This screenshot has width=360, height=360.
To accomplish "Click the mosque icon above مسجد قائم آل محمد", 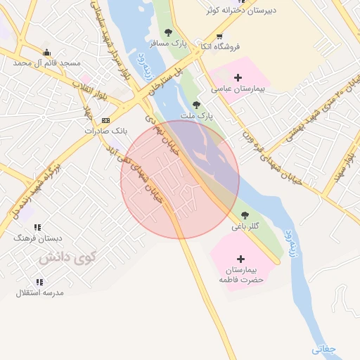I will click(x=47, y=52).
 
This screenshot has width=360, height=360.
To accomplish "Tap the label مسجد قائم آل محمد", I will click(x=47, y=63).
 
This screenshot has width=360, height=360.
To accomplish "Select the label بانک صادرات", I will click(x=104, y=131).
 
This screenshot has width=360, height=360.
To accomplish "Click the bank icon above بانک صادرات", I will click(x=105, y=120).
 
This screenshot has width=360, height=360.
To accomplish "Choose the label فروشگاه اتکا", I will click(x=220, y=46).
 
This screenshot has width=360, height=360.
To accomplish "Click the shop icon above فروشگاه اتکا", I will click(x=220, y=37).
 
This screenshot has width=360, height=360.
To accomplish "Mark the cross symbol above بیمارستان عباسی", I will click(x=238, y=77).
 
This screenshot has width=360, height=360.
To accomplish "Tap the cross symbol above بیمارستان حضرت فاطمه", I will click(x=241, y=259).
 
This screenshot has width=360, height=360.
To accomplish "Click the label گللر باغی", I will click(x=245, y=226).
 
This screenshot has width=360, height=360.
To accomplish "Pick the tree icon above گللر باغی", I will click(x=245, y=215).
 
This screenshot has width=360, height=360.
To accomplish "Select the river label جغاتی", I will click(x=325, y=348).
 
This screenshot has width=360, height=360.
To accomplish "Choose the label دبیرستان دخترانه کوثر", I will click(x=241, y=11).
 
